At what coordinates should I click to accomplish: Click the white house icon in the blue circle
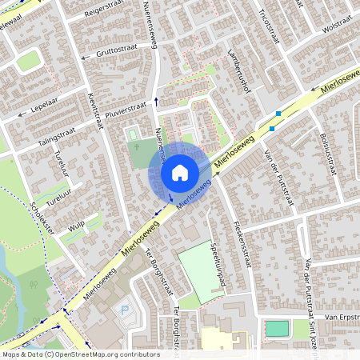pos(180,172)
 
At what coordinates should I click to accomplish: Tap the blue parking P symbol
pos(122,310)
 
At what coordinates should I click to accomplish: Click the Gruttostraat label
pos(117,49)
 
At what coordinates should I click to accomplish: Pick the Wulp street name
pos(77,227)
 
